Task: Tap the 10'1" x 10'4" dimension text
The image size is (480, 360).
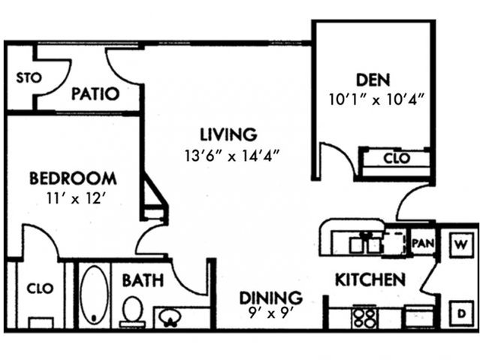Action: [x=378, y=98]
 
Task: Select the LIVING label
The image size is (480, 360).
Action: [x=228, y=135]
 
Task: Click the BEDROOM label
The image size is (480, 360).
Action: [x=73, y=179]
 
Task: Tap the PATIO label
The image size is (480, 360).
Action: [x=95, y=95]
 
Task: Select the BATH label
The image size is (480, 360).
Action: [x=143, y=281]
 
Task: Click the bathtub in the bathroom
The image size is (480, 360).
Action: [x=94, y=295]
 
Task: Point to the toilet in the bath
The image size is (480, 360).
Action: [x=133, y=311]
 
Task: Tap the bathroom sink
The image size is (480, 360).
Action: [x=173, y=318]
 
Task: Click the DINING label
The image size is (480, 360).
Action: [x=270, y=297]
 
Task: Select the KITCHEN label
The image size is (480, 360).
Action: [x=370, y=280]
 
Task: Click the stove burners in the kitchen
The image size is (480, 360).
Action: [x=365, y=317]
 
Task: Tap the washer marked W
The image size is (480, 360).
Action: [x=460, y=245]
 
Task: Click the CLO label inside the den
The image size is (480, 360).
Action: [x=396, y=159]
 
